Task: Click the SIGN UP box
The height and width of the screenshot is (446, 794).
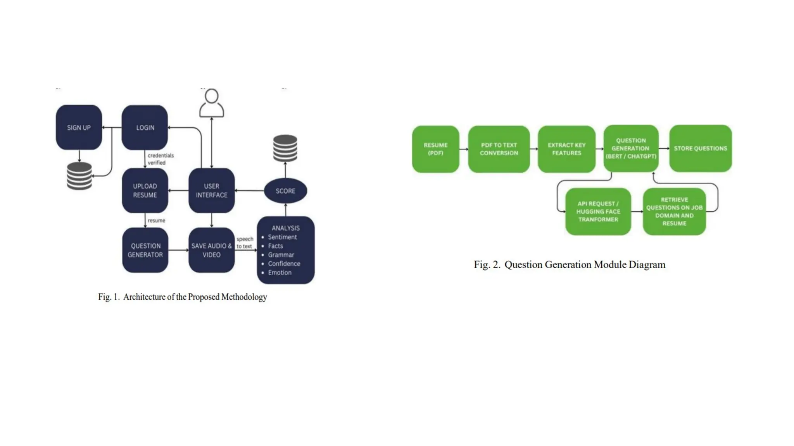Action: pos(79,127)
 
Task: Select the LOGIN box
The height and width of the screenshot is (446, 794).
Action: pos(145,127)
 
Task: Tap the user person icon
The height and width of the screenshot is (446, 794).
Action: pos(212,103)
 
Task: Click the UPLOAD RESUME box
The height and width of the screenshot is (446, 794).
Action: pos(145,190)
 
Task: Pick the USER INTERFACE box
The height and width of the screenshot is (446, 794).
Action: pos(212,190)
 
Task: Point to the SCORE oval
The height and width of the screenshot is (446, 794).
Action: pos(285,191)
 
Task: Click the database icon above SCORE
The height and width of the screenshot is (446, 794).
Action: pos(285,148)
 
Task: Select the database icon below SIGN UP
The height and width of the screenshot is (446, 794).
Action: pos(79,176)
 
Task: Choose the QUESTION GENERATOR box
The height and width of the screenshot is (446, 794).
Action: pos(145,250)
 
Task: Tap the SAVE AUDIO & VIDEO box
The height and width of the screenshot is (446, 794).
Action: pos(212,250)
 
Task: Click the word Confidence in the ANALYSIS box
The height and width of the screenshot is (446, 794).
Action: pos(284,264)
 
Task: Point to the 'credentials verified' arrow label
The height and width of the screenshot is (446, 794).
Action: pos(160,159)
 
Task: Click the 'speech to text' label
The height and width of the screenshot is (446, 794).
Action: pos(245,243)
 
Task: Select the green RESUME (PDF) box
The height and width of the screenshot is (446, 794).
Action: pos(435,149)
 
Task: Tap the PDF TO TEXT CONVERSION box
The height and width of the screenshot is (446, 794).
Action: pos(499,149)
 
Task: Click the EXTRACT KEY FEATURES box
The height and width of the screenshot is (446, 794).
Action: pos(566,149)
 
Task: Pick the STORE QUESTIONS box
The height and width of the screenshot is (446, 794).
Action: pos(700,148)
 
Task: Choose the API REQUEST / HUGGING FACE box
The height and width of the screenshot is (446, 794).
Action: pos(598,211)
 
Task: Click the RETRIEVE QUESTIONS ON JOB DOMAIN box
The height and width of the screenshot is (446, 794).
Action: pos(674,211)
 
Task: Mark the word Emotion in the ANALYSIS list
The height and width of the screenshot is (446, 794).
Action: pos(280,273)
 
